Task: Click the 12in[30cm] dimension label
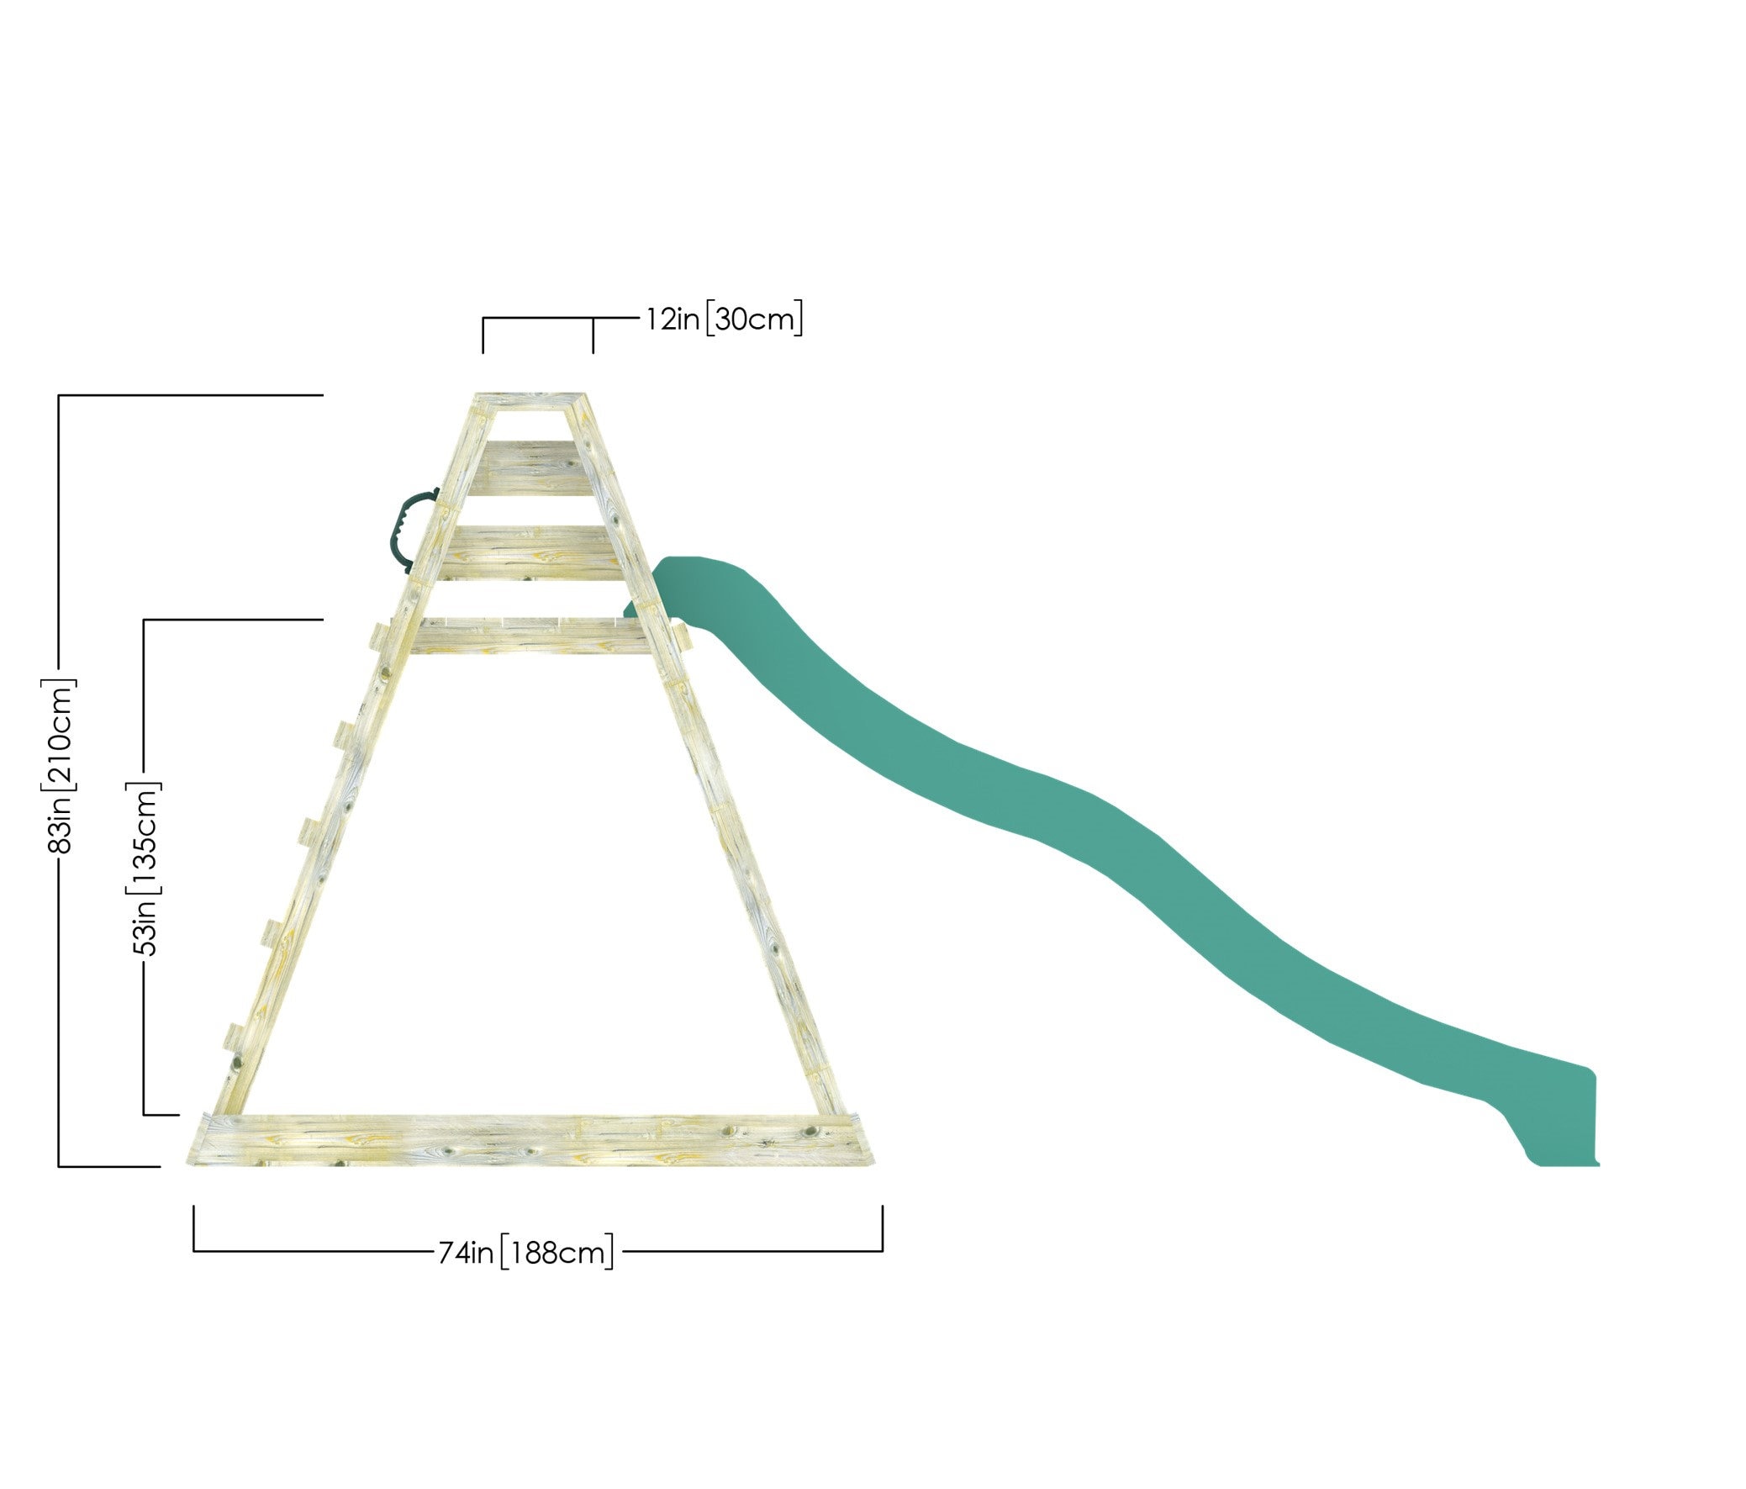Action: click(724, 319)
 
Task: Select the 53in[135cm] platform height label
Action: click(145, 869)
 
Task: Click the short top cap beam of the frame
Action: click(531, 401)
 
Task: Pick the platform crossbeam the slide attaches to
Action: click(531, 636)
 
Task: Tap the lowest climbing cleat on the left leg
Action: click(233, 1037)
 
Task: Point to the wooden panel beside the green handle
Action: click(531, 552)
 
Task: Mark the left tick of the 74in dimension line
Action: click(195, 1228)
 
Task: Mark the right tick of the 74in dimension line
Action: click(883, 1228)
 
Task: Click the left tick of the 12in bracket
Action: click(483, 335)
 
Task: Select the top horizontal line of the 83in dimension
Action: click(191, 394)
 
